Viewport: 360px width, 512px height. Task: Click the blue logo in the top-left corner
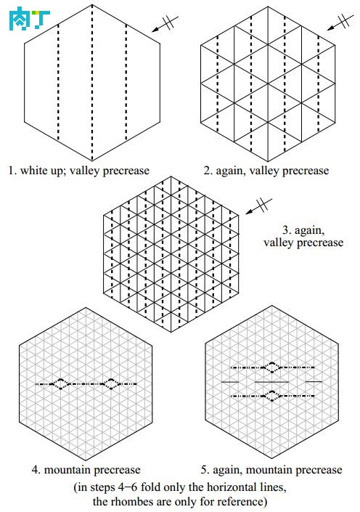point(29,19)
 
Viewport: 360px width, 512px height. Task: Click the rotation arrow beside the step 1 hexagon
point(165,24)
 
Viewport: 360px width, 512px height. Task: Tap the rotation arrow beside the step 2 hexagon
point(340,23)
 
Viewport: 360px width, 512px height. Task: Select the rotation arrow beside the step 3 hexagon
point(259,206)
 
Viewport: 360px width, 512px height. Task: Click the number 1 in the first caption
point(12,171)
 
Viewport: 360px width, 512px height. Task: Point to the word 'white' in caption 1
point(33,170)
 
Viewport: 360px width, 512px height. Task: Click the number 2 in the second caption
point(208,171)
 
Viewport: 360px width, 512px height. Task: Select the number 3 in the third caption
point(287,230)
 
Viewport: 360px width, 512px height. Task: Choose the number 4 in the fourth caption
point(36,470)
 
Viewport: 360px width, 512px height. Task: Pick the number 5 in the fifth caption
point(205,470)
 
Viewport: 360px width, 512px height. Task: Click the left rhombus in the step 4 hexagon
point(61,384)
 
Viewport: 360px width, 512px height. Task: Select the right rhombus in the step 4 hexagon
point(111,384)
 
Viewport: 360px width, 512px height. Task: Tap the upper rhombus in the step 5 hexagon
point(272,367)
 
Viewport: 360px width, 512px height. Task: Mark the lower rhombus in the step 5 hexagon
point(272,396)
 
